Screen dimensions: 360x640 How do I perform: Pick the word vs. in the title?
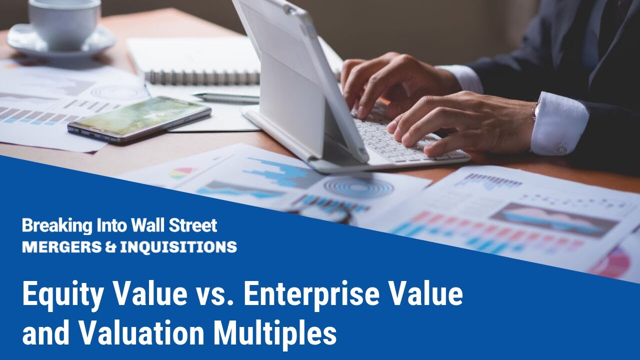pos(215,295)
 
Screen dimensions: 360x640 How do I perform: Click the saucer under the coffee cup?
pos(60,45)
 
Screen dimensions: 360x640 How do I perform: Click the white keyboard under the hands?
pos(395,140)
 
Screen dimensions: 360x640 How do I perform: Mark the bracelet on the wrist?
pos(534,110)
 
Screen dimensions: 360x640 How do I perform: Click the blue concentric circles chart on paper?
pos(358,187)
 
